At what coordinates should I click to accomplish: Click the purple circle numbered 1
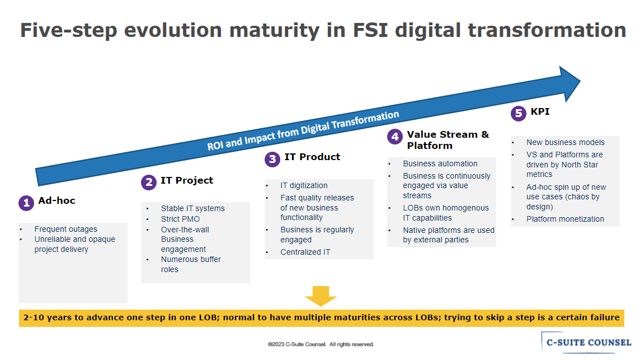click(x=26, y=203)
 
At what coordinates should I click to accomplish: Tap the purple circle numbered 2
click(x=149, y=183)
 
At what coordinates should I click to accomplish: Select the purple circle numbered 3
click(x=272, y=160)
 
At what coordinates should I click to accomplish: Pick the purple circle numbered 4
click(x=395, y=137)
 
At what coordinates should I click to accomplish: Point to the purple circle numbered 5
click(x=519, y=113)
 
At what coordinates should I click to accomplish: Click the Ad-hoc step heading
click(x=57, y=200)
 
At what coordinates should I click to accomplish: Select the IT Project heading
click(x=186, y=180)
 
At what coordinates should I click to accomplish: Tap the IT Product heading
click(x=312, y=157)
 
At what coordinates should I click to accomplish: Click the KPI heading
click(x=540, y=111)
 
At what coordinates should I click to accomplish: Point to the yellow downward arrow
click(x=321, y=296)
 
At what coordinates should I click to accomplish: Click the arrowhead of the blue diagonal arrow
click(x=570, y=84)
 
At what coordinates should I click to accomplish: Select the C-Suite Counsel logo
click(x=586, y=343)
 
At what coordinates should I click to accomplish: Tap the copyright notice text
click(x=321, y=344)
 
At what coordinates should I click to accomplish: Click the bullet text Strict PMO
click(x=180, y=219)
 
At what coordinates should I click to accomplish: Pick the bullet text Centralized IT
click(x=305, y=252)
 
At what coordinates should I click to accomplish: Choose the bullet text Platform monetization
click(x=565, y=219)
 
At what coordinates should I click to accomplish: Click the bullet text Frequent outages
click(x=65, y=229)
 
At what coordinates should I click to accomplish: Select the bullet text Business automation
click(x=440, y=163)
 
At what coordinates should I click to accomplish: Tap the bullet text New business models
click(x=565, y=142)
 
